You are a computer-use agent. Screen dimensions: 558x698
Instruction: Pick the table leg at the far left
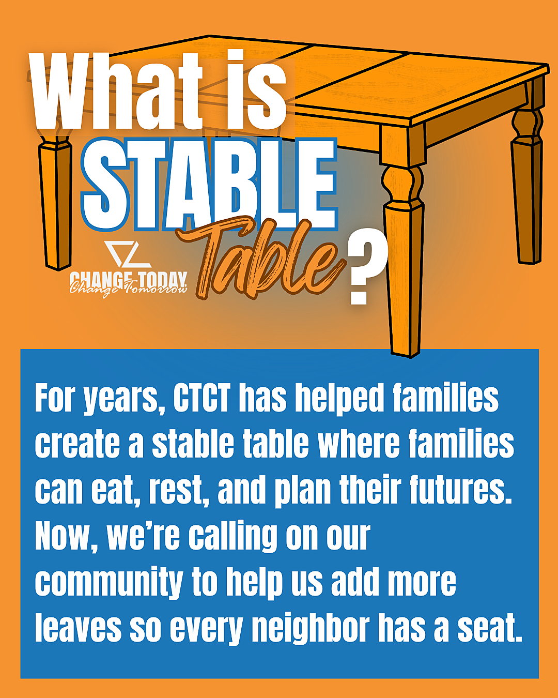point(55,201)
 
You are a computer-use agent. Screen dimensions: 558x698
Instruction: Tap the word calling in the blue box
point(233,538)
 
